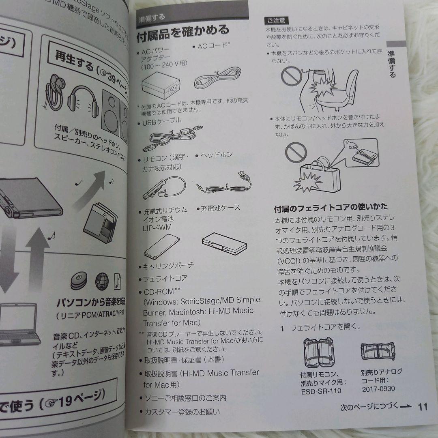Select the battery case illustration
click(x=223, y=242)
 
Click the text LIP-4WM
click(x=157, y=228)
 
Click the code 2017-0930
click(x=378, y=389)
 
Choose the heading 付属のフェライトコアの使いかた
click(x=331, y=208)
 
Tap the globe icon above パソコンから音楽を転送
click(x=101, y=280)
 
